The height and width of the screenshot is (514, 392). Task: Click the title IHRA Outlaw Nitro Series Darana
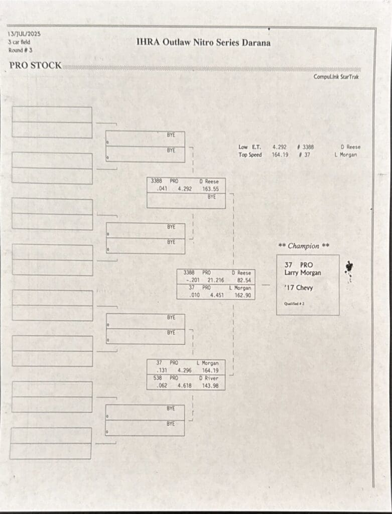click(203, 43)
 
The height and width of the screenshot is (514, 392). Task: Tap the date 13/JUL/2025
click(24, 34)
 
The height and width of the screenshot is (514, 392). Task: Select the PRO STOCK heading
click(35, 65)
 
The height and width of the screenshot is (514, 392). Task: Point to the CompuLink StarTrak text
click(336, 77)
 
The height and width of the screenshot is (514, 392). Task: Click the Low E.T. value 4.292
click(280, 147)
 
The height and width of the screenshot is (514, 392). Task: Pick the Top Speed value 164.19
click(280, 155)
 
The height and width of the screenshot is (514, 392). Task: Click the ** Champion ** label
click(304, 246)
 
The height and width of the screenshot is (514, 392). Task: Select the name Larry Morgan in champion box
click(303, 273)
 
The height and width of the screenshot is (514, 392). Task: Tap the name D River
click(208, 378)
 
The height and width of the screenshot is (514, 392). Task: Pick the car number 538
click(158, 378)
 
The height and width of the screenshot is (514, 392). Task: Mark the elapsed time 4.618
click(185, 385)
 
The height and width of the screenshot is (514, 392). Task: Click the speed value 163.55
click(210, 189)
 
